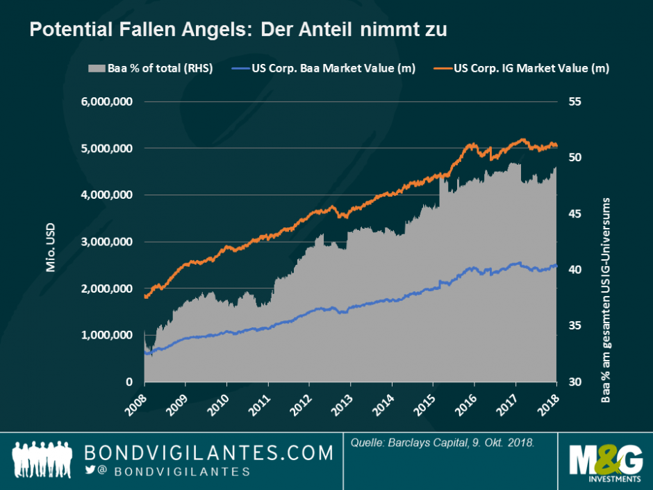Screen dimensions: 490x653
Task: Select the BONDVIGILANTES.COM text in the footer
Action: [x=208, y=454]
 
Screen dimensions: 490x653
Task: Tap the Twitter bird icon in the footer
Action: [x=90, y=471]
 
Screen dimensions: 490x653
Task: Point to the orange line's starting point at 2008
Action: [x=144, y=297]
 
